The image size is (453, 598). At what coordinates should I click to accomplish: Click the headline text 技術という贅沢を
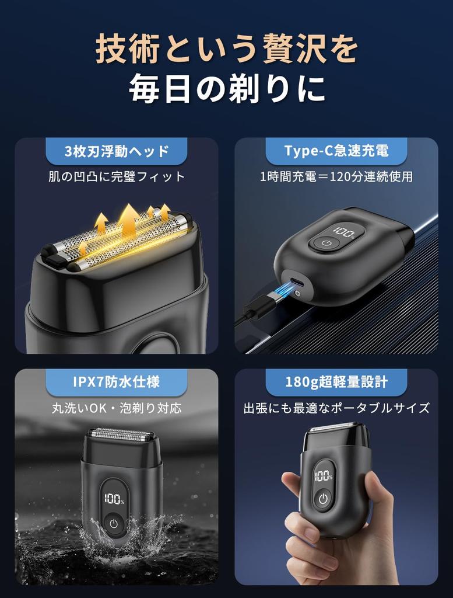click(226, 50)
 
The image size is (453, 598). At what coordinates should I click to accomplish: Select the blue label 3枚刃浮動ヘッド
click(117, 152)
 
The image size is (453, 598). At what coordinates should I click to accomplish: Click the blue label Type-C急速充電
click(336, 151)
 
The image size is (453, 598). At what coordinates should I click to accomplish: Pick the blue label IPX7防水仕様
click(117, 383)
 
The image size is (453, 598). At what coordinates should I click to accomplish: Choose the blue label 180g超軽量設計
click(336, 383)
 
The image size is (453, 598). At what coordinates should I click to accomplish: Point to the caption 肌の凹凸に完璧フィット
click(117, 176)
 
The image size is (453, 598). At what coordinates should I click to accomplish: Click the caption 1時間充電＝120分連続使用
click(336, 176)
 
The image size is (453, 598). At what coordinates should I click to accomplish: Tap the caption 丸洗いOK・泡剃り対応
click(117, 408)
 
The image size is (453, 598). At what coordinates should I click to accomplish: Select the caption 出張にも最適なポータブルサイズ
click(336, 408)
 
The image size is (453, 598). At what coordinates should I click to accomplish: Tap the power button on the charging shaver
click(325, 244)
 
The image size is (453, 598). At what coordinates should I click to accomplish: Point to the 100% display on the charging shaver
click(345, 234)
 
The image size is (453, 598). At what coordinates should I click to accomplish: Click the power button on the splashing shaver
click(114, 524)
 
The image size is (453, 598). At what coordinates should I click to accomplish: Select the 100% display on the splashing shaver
click(114, 499)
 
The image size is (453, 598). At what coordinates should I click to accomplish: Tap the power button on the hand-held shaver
click(323, 499)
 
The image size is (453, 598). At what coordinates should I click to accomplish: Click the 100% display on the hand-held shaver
click(323, 475)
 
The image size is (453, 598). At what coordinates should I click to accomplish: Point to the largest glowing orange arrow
click(129, 219)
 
